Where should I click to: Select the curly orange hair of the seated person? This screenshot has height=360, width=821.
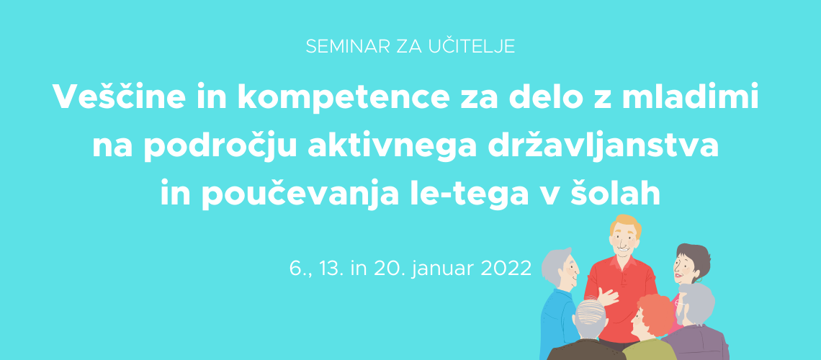[x=654, y=313]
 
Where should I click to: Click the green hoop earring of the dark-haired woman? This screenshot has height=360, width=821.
[x=698, y=281]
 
